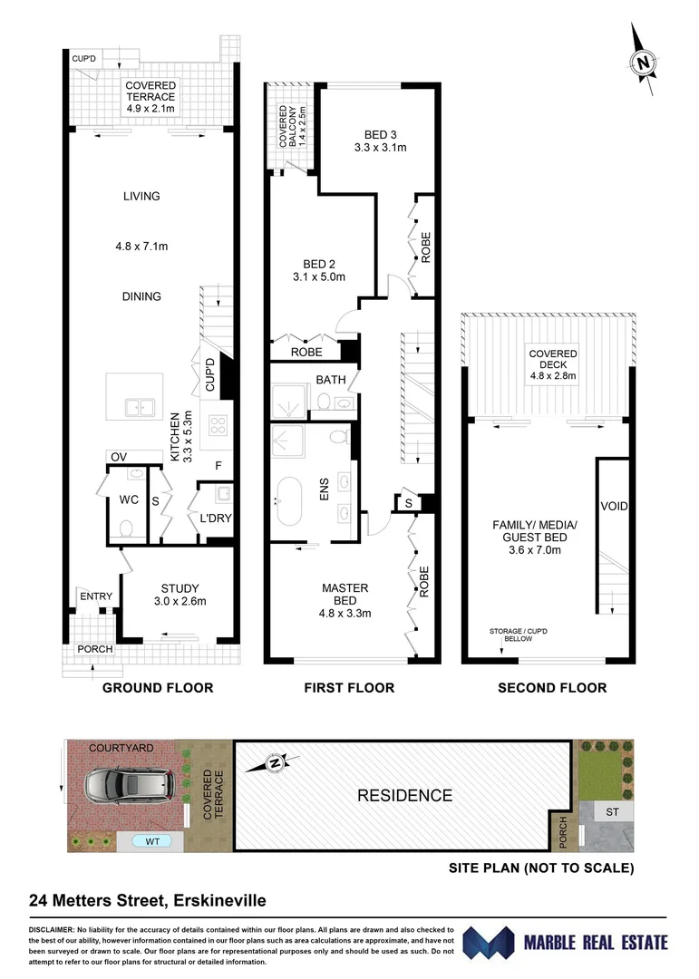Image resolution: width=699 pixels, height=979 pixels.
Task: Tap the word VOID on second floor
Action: (614, 506)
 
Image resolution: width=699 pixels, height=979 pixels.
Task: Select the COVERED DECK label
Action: (554, 361)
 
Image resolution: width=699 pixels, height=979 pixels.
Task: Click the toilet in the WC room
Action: (126, 527)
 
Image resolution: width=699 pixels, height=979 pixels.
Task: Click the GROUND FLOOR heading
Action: (157, 688)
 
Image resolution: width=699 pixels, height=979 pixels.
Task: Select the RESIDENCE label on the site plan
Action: (403, 796)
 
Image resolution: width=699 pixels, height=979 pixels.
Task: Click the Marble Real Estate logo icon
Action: (489, 943)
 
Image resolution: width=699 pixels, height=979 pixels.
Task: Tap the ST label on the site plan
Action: (612, 812)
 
